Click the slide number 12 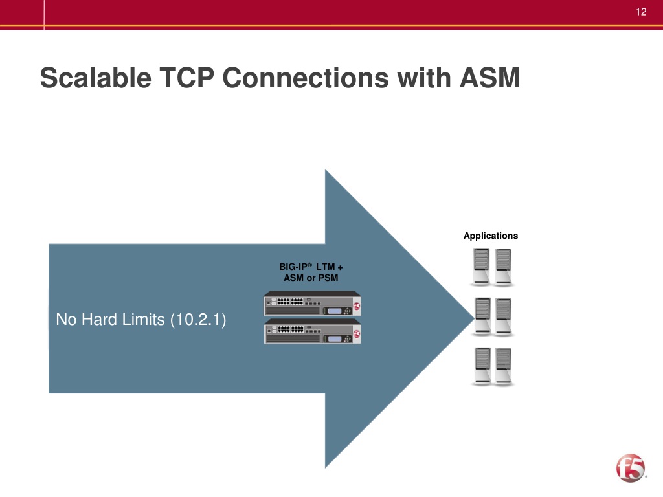(642, 12)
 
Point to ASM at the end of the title (489, 79)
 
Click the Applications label (491, 236)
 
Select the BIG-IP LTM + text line (311, 267)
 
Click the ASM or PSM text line (311, 278)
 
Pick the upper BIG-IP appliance (312, 305)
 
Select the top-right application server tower (503, 267)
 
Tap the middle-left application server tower (482, 316)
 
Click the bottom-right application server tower (503, 366)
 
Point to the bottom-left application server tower (482, 366)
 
